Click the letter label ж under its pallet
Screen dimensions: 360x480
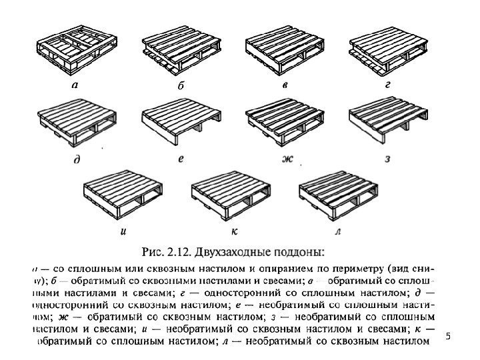(288, 159)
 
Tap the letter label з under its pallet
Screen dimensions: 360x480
(387, 159)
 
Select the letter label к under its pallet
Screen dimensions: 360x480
(234, 232)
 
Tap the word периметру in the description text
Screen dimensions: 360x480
(353, 269)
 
